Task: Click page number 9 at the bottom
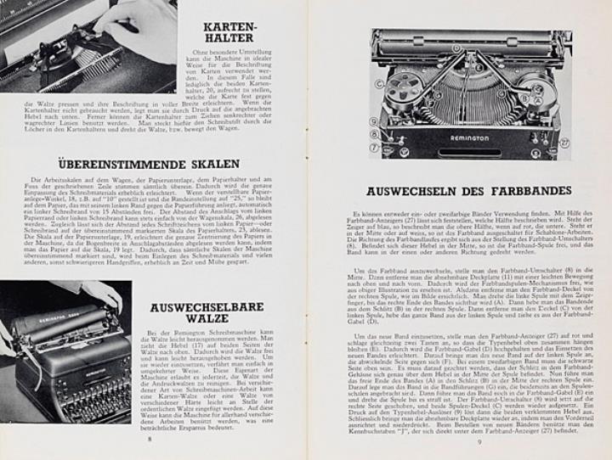[x=479, y=440]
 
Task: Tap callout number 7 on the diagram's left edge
[x=376, y=147]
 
